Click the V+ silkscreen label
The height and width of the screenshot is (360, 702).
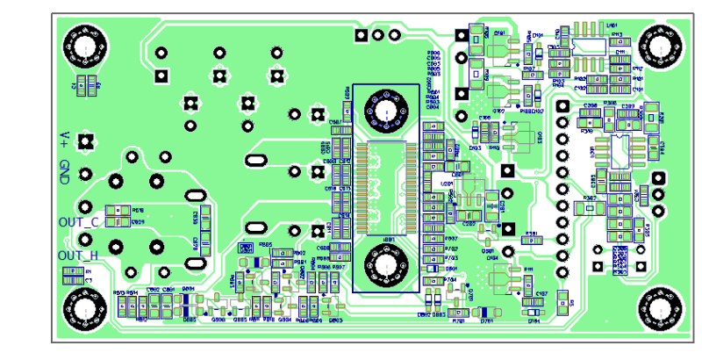pyautogui.click(x=64, y=138)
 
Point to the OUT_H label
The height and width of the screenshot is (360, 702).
pyautogui.click(x=78, y=256)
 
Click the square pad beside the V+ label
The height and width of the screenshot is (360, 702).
pyautogui.click(x=86, y=140)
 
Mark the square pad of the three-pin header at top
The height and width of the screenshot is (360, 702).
pyautogui.click(x=361, y=35)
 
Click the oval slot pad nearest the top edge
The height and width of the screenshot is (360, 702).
pyautogui.click(x=255, y=161)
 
